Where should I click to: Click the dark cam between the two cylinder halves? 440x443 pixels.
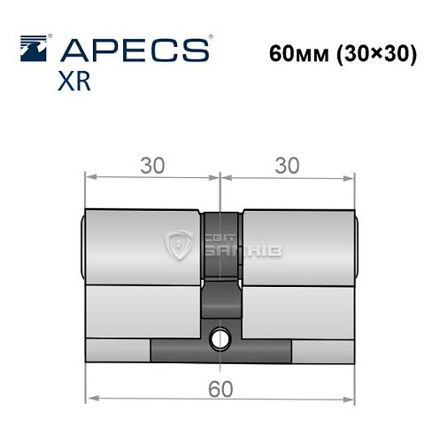(x=220, y=266)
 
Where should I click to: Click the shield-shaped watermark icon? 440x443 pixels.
(x=182, y=244)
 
